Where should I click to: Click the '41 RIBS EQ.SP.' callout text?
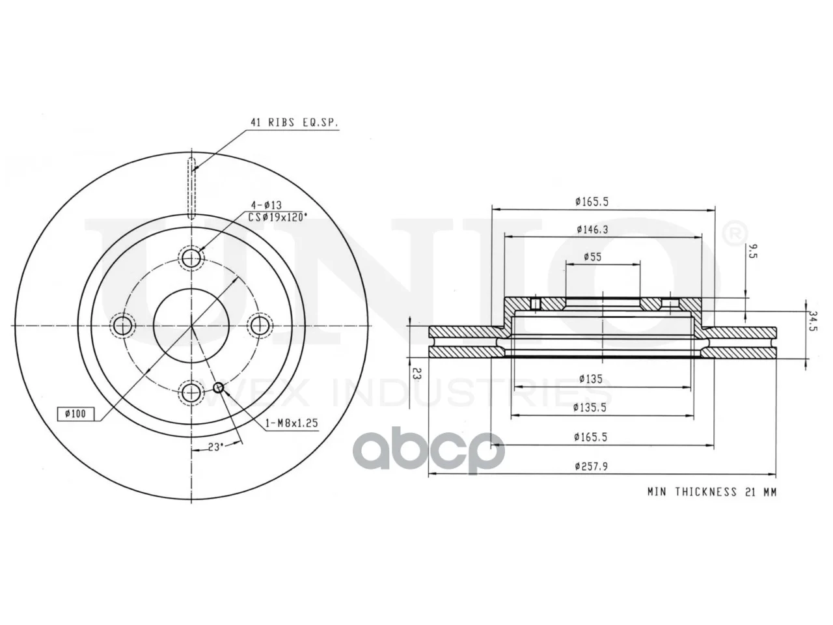coord(294,122)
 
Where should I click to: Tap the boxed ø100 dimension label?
coord(75,413)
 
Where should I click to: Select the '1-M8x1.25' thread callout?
coord(292,423)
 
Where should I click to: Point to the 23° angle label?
coord(215,447)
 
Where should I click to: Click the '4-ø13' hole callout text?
coord(266,205)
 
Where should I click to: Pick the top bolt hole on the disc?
coord(191,259)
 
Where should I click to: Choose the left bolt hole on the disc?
coord(122,326)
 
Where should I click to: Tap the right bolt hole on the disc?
coord(260,326)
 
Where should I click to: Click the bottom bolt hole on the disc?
coord(191,393)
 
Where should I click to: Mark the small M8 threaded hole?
coord(219,387)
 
